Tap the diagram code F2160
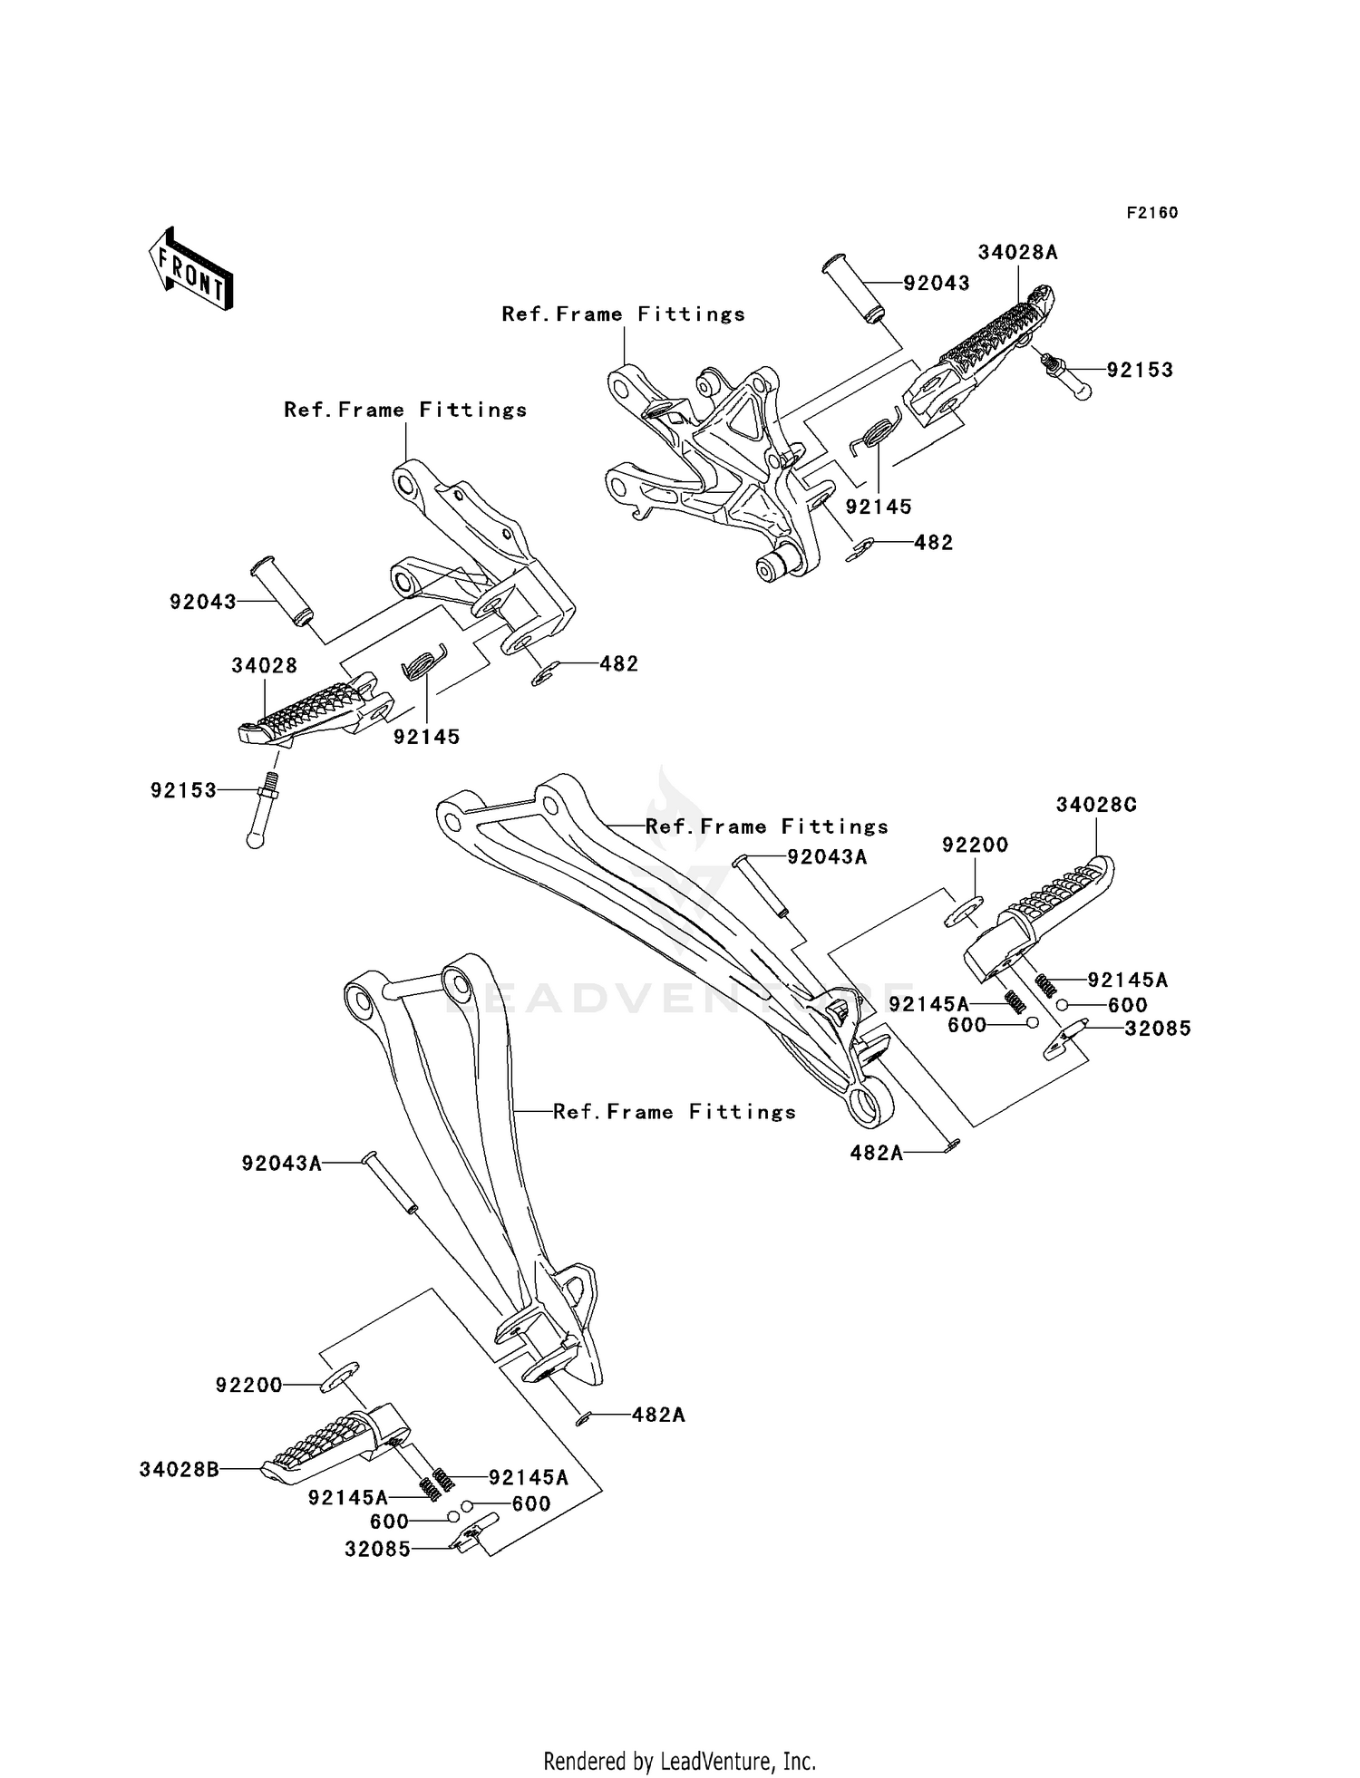(1151, 213)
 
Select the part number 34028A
(1017, 253)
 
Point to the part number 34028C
(1096, 805)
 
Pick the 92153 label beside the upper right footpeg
(1140, 370)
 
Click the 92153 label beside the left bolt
(184, 790)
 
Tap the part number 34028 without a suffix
(264, 666)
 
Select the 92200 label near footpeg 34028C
(975, 845)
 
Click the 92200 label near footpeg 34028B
(248, 1386)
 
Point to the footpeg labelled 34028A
(984, 353)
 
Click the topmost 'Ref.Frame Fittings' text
(623, 314)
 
